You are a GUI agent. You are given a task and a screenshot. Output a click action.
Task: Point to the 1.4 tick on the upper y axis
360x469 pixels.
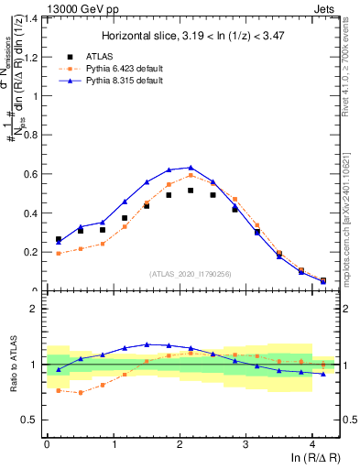coord(30,18)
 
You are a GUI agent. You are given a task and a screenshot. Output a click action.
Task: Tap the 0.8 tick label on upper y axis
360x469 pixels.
coord(30,135)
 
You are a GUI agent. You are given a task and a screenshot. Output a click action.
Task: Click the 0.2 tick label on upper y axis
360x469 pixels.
coord(30,252)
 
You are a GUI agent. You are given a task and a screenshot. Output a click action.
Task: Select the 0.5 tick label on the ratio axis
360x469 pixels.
coord(30,420)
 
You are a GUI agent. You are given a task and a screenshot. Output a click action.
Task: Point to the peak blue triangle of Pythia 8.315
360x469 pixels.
coord(191,168)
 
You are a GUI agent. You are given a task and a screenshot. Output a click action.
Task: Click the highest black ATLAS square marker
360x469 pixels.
coord(191,191)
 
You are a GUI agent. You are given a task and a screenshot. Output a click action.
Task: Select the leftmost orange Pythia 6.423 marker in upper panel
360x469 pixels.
coord(59,253)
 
